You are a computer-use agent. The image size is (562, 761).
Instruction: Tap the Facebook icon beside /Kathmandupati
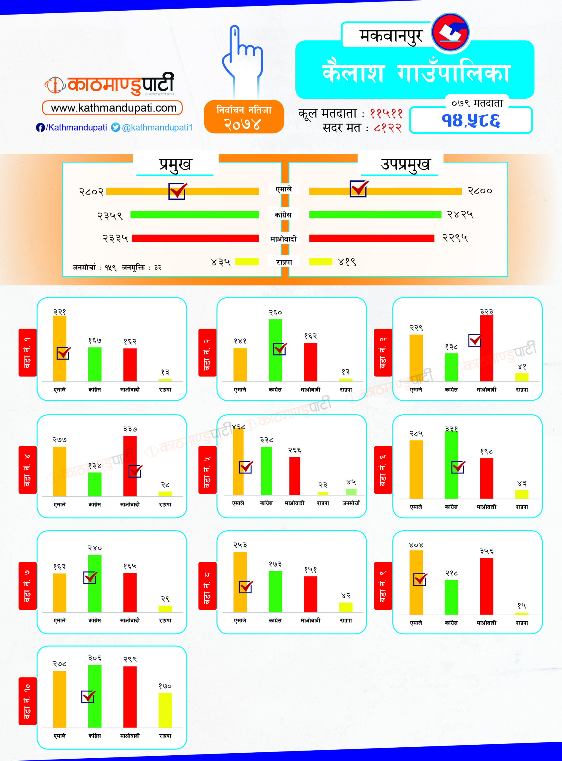pos(40,128)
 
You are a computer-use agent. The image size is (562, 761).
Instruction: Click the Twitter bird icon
pos(116,127)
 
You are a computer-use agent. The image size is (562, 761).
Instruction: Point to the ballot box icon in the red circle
pos(450,32)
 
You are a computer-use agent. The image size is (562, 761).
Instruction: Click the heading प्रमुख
pos(175,164)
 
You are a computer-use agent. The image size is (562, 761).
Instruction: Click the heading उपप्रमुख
pos(405,164)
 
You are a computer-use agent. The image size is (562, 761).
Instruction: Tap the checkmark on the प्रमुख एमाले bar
pos(177,191)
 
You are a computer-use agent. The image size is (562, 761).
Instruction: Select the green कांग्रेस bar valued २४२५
pos(375,215)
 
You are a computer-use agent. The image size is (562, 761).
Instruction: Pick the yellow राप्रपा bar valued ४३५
pos(247,262)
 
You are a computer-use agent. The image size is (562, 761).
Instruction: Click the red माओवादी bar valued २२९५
pos(371,238)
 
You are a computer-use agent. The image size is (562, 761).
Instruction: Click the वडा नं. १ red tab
pos(28,353)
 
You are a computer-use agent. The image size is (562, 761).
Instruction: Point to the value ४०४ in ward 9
pos(416,545)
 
